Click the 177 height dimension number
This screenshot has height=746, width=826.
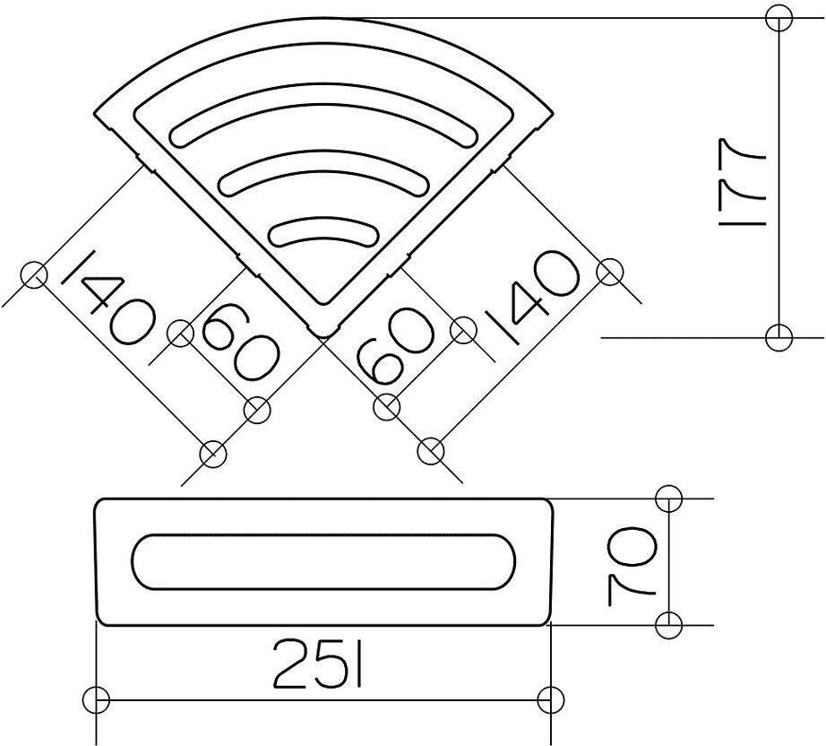(741, 182)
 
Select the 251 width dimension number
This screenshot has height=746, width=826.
(318, 664)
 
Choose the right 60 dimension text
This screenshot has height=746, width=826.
(396, 346)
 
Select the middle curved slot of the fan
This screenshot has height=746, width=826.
(323, 167)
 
